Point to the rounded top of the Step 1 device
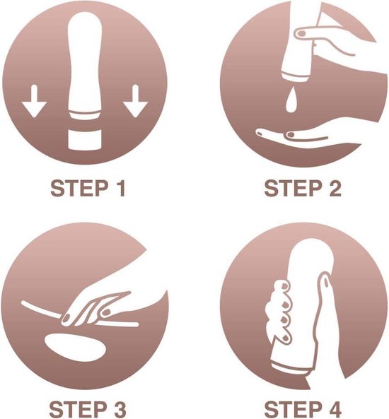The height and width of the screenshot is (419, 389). (x=85, y=28)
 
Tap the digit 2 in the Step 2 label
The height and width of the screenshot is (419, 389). (x=333, y=189)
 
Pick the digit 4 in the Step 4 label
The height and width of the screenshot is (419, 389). (x=333, y=409)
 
